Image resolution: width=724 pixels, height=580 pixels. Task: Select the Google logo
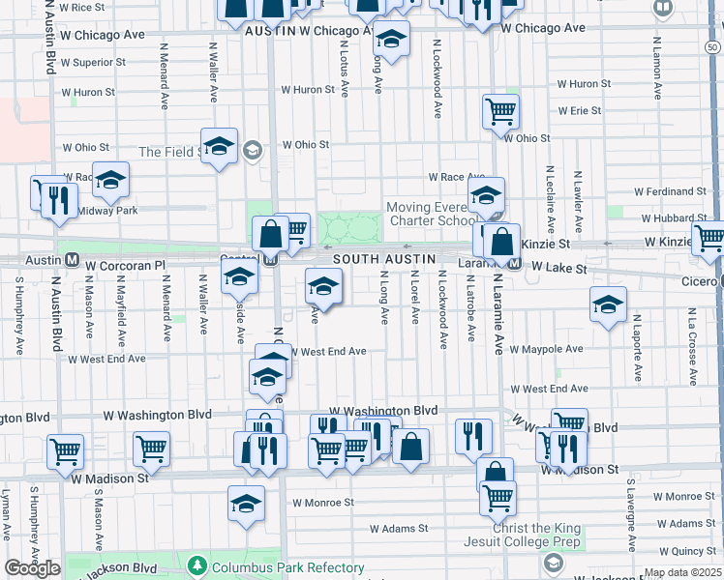point(32,568)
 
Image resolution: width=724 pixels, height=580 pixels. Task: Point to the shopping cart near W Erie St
point(500,111)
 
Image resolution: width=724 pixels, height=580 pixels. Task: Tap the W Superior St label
point(93,63)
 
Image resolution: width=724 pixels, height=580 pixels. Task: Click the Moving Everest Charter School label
point(432,214)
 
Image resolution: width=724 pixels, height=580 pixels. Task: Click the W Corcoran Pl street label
point(126,264)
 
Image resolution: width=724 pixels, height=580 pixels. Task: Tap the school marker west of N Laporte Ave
point(608,305)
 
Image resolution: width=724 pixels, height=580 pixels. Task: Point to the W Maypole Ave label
point(546,348)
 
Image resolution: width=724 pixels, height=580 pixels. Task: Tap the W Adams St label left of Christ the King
point(399,529)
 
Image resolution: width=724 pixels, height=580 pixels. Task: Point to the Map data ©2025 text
point(683,573)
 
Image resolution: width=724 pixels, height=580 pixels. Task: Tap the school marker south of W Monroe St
point(246,504)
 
